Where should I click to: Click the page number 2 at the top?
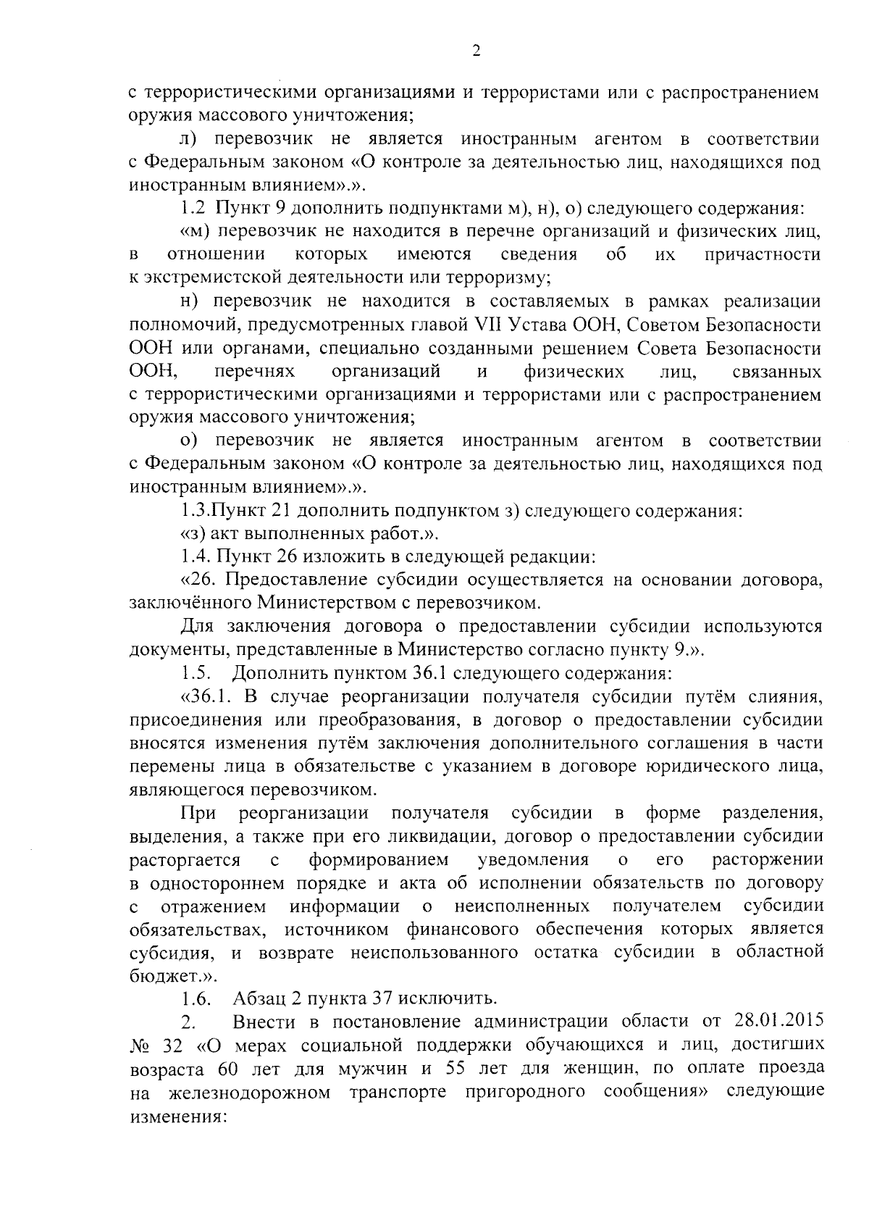(x=476, y=50)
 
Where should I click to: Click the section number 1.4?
(x=193, y=557)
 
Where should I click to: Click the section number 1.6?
(x=196, y=999)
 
